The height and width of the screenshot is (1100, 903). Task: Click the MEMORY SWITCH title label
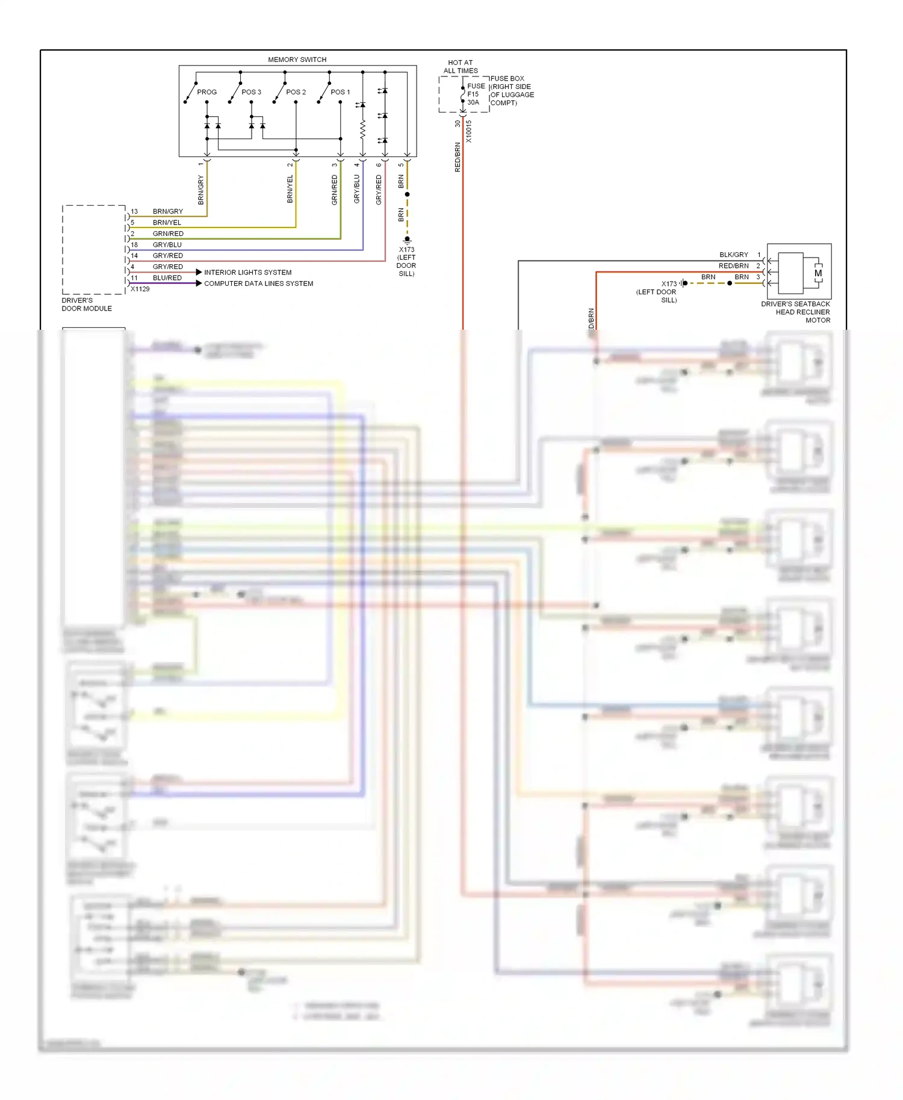coord(297,60)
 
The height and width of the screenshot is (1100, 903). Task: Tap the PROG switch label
coord(206,92)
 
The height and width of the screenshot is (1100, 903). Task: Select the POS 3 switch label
coord(251,92)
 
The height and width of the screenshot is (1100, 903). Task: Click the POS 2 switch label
coord(296,92)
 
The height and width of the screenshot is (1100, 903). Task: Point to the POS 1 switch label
coord(340,92)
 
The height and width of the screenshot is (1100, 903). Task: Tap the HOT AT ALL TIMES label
coord(461,67)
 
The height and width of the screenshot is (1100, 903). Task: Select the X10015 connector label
coord(469,131)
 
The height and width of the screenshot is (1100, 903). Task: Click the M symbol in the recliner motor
coord(818,273)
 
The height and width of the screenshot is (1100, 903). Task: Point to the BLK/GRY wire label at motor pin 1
coord(733,255)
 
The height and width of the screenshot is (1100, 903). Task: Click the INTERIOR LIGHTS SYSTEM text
coord(247,273)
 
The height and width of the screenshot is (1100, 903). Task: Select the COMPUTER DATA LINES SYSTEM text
coord(258,283)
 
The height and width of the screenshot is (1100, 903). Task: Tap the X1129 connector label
coord(140,289)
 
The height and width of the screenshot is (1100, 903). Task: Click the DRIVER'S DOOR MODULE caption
coord(86,304)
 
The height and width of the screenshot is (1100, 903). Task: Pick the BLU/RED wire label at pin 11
coord(167,278)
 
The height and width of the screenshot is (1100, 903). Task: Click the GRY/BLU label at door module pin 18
coord(167,245)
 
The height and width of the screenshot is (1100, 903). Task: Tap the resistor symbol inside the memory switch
coord(362,129)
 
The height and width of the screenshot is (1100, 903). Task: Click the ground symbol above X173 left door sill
coord(407,239)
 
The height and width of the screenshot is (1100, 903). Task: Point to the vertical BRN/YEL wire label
coord(290,188)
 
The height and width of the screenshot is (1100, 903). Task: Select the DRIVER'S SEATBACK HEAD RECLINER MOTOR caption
coord(795,312)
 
